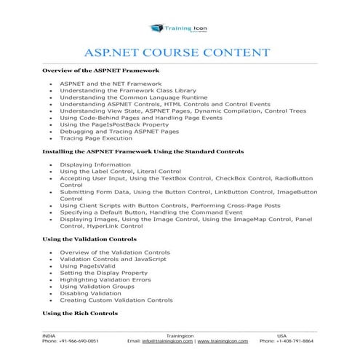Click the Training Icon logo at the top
pyautogui.click(x=180, y=28)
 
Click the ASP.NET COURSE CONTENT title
pyautogui.click(x=180, y=53)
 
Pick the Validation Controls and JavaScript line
pyautogui.click(x=113, y=260)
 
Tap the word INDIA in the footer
pyautogui.click(x=49, y=335)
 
